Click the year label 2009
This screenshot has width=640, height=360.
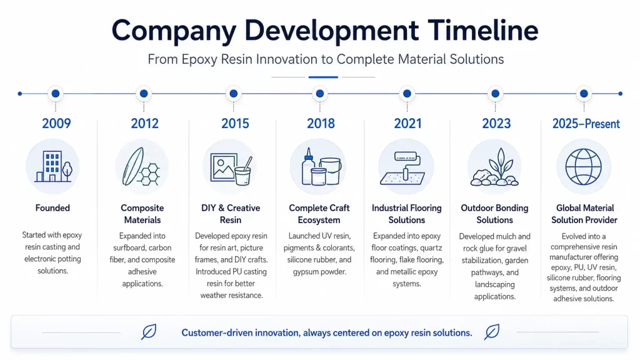[x=56, y=123]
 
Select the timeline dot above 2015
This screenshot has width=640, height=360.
[x=234, y=94]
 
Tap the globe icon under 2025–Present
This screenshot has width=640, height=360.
[x=583, y=166]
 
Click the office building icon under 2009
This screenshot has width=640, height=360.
[x=54, y=166]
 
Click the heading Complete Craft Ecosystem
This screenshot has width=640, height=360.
[x=319, y=214]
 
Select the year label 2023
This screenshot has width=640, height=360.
[x=496, y=123]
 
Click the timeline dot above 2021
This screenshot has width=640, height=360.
[x=407, y=94]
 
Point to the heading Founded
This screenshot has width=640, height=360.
[x=52, y=207]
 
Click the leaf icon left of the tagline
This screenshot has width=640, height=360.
[x=149, y=332]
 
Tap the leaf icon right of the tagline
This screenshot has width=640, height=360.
[x=492, y=332]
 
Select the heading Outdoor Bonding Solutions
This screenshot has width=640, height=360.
[x=495, y=214]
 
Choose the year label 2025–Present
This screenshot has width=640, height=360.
[x=586, y=123]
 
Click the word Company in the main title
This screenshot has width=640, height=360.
[x=174, y=31]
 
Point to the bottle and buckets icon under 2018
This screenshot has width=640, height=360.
[x=321, y=166]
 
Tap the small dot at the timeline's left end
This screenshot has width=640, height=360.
[x=20, y=94]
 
